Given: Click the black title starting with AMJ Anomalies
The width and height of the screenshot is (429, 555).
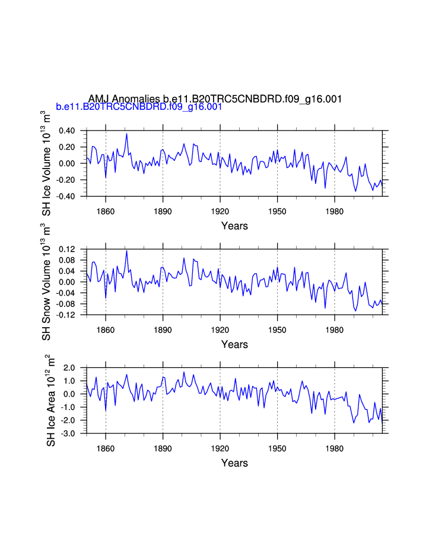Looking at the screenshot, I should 215,99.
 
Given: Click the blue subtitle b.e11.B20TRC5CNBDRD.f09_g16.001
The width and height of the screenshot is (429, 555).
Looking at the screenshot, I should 139,107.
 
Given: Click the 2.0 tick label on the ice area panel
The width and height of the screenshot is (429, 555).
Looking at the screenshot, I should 70,368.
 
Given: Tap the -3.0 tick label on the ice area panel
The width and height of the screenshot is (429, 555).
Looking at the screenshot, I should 69,434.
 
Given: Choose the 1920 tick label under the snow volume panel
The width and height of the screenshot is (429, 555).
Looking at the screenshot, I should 220,329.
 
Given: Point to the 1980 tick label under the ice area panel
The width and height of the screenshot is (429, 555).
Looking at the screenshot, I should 335,448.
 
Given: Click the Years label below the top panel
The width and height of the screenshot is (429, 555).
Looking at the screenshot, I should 234,226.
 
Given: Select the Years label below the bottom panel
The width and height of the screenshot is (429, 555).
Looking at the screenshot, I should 234,464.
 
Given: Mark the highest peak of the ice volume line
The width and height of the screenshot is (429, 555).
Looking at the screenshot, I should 126,134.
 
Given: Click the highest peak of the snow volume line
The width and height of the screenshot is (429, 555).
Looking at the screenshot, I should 126,250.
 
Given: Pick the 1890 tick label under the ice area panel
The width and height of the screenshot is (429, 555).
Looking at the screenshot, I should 163,448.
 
